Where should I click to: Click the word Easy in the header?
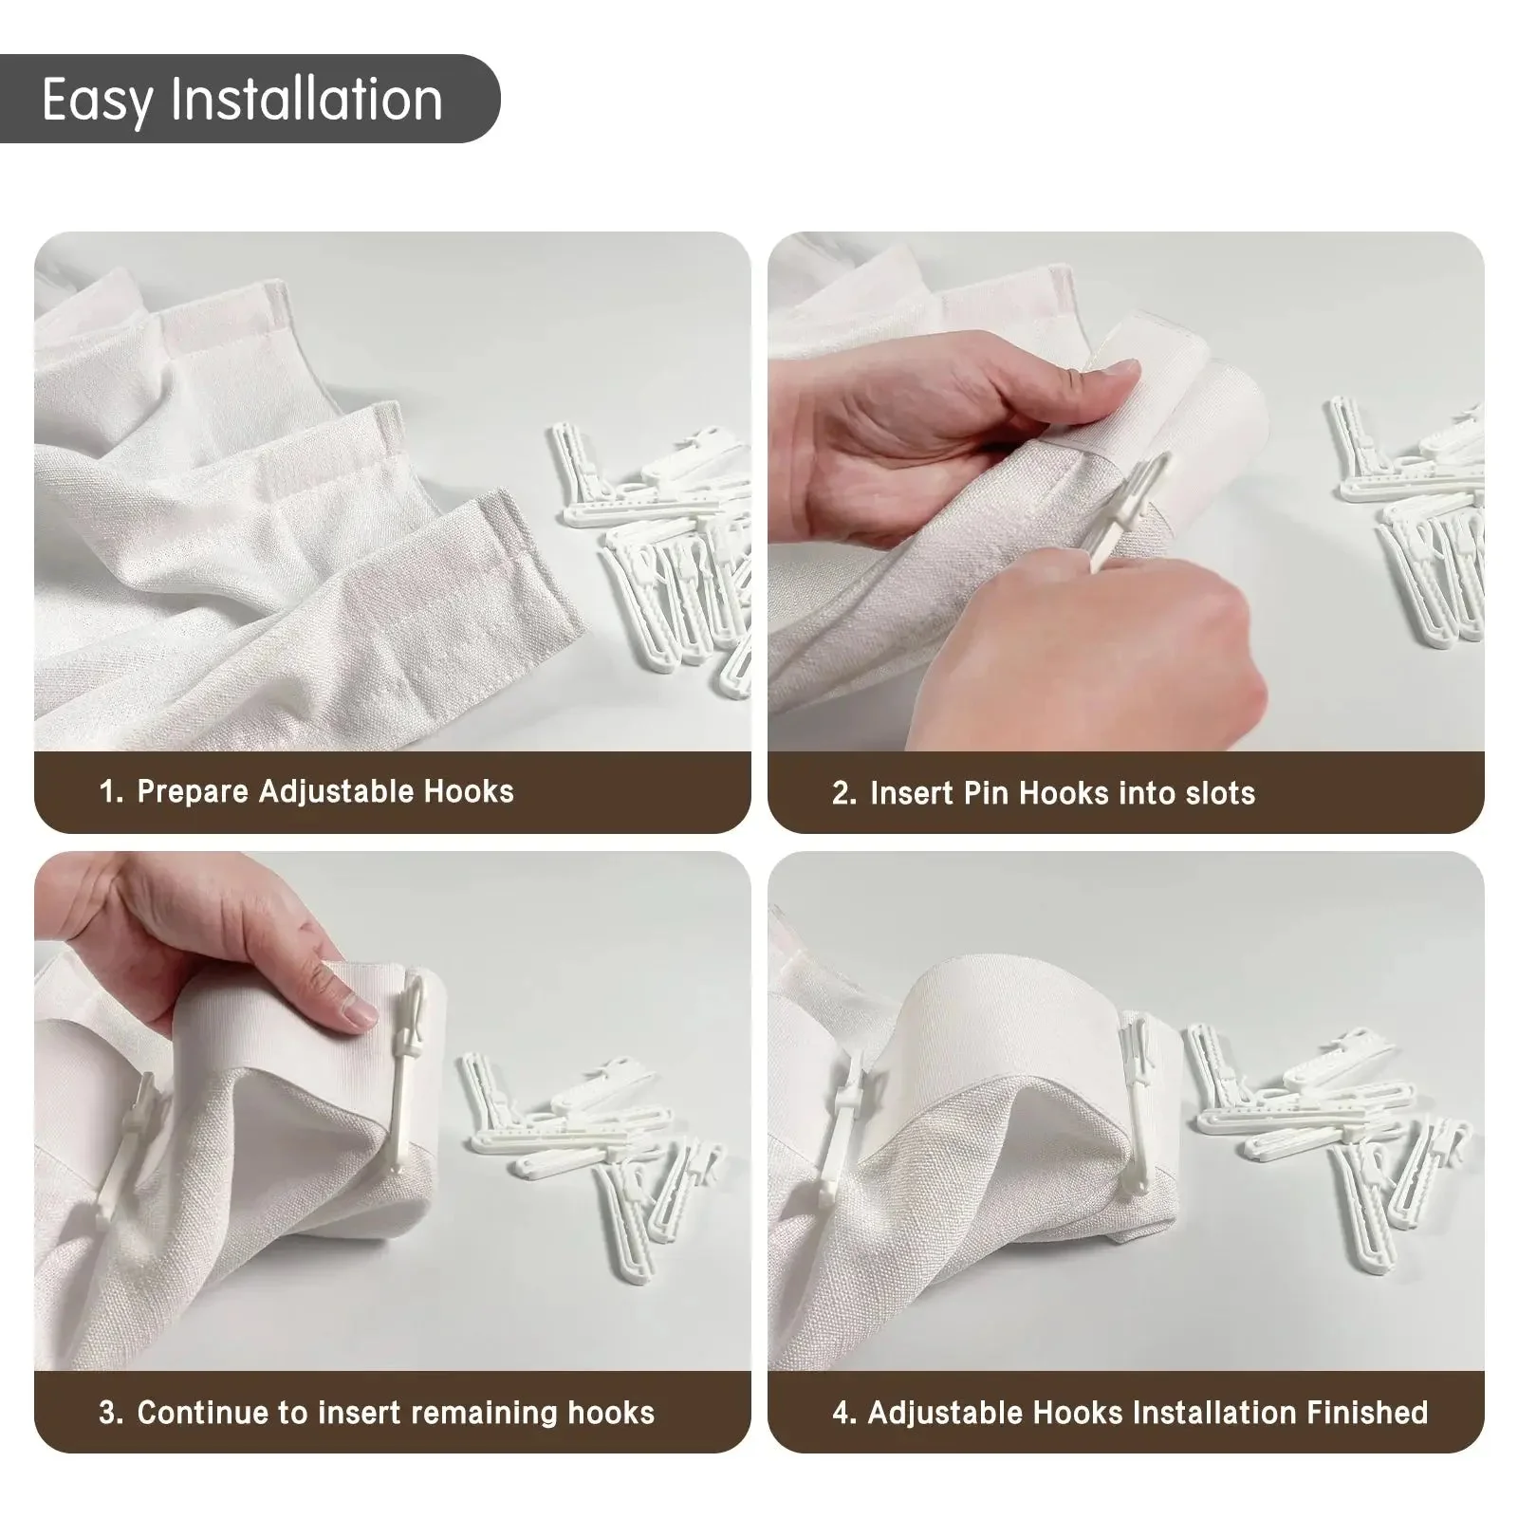pos(96,101)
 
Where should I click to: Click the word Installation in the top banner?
pos(306,99)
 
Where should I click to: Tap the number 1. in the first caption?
pos(111,792)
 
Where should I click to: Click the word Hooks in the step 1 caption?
pos(468,792)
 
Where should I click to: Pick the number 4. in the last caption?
pos(843,1414)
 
